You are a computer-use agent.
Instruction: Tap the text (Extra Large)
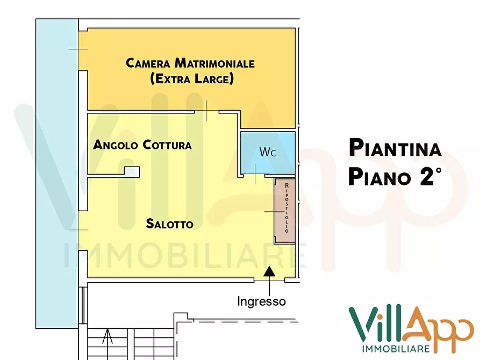(192, 79)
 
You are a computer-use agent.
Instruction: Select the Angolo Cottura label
(142, 145)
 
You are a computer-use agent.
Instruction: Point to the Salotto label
(169, 224)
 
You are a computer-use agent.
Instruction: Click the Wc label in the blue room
(268, 152)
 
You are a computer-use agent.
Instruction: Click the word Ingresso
(261, 301)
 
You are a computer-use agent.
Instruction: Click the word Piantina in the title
(395, 147)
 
